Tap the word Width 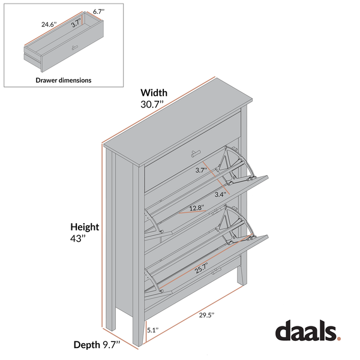tap(154, 92)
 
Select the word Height tap(85, 227)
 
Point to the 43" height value tap(78, 239)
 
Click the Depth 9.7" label tap(97, 344)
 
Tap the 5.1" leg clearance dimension tap(153, 329)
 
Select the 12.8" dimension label tap(196, 208)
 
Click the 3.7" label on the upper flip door tap(201, 170)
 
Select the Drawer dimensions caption tap(64, 80)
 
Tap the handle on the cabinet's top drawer tap(197, 152)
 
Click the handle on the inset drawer tap(75, 47)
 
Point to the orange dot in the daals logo tap(338, 338)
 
